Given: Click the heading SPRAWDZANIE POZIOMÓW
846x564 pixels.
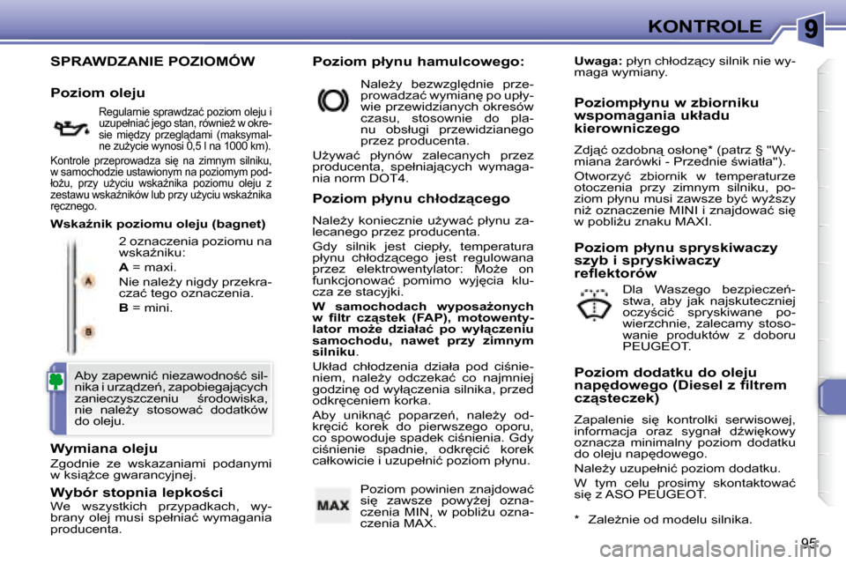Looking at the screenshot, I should point(152,62).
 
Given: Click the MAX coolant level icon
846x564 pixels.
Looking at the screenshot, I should point(333,506).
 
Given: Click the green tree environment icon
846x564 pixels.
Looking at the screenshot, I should point(55,381).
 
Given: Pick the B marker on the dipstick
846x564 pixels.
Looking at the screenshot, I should point(88,330).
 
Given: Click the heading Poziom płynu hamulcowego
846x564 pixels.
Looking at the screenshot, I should point(419,62).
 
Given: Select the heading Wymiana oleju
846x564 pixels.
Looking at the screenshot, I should point(104,449).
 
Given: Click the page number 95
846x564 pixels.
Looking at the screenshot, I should point(809,541).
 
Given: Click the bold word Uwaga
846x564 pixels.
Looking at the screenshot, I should point(597,62).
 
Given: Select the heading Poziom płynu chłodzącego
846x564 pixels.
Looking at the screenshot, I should point(412,199).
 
